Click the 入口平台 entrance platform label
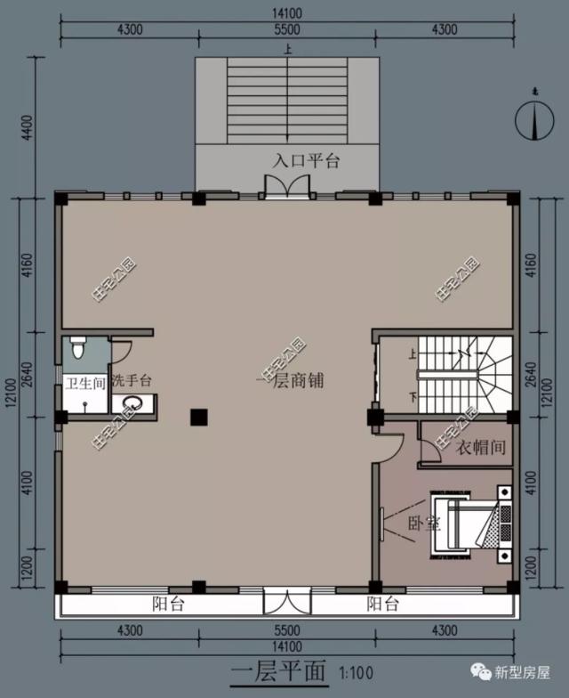click(306, 161)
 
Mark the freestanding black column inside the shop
click(198, 416)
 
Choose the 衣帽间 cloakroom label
click(481, 448)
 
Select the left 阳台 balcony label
click(167, 605)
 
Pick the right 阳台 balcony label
click(383, 605)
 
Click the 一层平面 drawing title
click(278, 669)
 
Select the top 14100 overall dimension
click(286, 13)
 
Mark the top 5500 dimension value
click(286, 29)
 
